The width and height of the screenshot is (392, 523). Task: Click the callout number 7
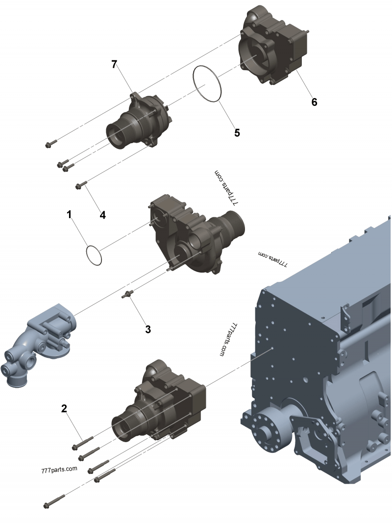[x=114, y=64]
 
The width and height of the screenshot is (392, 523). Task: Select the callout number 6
[x=314, y=102]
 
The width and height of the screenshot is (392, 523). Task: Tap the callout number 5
[x=237, y=132]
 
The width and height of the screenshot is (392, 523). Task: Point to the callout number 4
[x=103, y=215]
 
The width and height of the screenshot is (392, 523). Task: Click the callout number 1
[x=69, y=215]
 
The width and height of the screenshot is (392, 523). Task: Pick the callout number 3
[x=148, y=329]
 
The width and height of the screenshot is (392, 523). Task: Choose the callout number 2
[x=64, y=408]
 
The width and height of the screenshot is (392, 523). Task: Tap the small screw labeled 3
[x=127, y=295]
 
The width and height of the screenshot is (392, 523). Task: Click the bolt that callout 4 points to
[x=82, y=184]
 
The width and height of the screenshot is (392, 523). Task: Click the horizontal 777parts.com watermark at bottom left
[x=59, y=469]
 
